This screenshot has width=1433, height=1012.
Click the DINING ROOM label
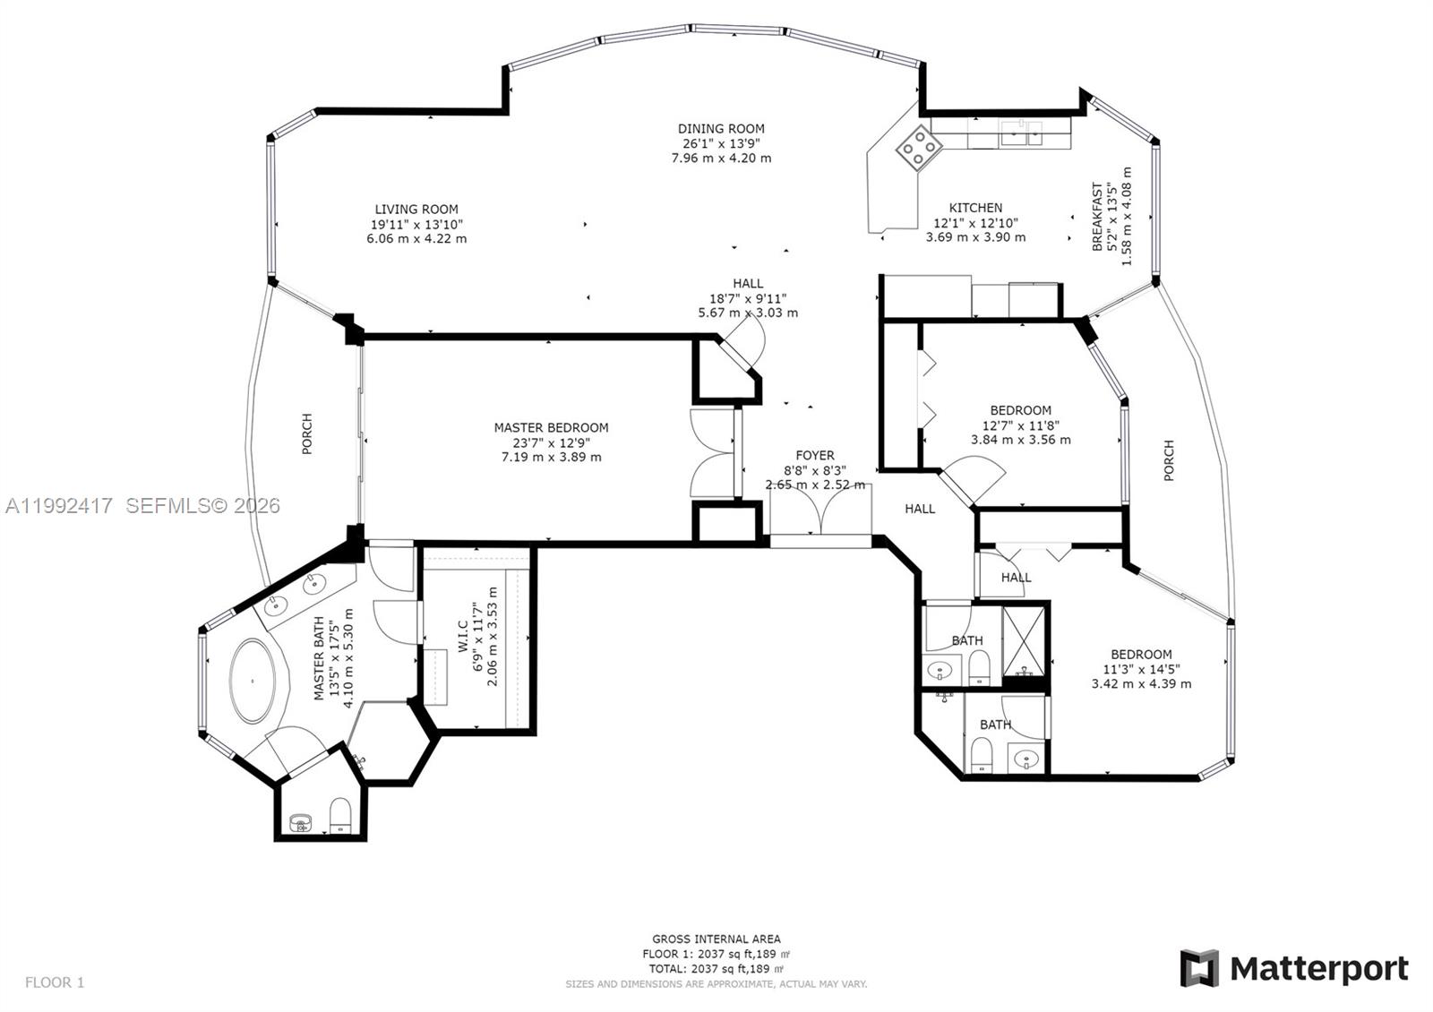click(x=721, y=129)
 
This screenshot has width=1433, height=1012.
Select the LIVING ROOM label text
click(x=416, y=210)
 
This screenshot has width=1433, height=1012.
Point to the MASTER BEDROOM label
click(x=551, y=428)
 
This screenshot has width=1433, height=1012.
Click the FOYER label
click(x=814, y=456)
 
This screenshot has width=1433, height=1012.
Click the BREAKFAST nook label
click(x=1097, y=216)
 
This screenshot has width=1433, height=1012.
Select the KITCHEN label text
click(x=975, y=208)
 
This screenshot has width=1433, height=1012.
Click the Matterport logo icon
click(x=1199, y=968)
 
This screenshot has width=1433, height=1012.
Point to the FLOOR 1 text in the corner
click(x=55, y=982)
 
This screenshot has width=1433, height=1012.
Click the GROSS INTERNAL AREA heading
click(x=716, y=939)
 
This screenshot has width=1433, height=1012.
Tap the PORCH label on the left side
click(x=307, y=433)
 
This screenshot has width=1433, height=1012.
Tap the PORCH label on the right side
click(x=1168, y=460)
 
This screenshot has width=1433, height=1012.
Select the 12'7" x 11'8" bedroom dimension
click(x=1020, y=425)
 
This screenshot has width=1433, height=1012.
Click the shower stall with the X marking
click(x=1024, y=640)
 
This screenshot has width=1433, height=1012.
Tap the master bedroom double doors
click(x=714, y=452)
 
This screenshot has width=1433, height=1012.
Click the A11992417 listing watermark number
click(x=60, y=506)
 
